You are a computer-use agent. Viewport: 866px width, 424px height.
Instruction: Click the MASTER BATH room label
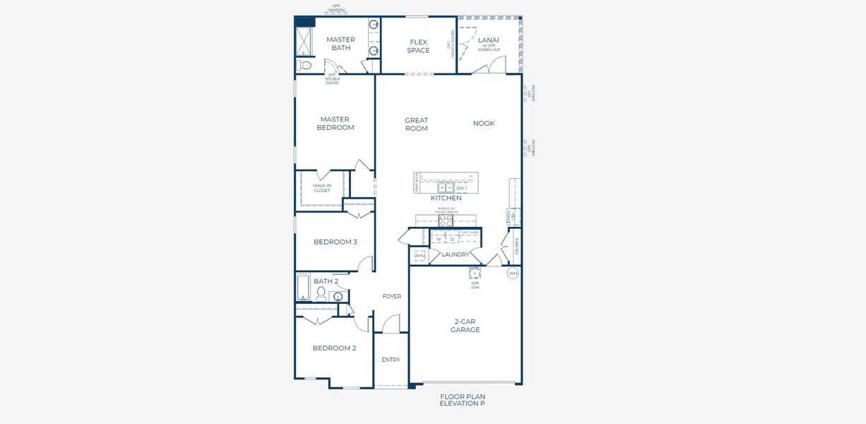[340, 44]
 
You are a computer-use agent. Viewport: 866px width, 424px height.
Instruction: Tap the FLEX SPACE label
[418, 46]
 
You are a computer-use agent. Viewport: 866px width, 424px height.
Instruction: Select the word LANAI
[488, 40]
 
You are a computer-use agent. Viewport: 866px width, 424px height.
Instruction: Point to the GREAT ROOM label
[416, 124]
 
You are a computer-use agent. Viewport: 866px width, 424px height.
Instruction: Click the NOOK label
[484, 124]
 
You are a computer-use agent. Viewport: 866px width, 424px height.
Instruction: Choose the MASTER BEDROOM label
[335, 124]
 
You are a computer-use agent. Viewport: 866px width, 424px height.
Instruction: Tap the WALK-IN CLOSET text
[321, 188]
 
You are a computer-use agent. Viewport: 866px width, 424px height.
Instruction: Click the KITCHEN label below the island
[446, 199]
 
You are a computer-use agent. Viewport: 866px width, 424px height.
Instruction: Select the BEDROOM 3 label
[335, 242]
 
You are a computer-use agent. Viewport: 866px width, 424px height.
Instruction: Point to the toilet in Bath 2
[321, 293]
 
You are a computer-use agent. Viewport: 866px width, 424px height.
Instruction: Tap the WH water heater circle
[513, 273]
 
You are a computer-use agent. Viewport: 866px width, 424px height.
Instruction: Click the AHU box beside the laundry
[419, 256]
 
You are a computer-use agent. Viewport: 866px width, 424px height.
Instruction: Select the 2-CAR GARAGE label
[465, 326]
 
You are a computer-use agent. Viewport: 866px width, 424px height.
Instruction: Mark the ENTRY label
[391, 360]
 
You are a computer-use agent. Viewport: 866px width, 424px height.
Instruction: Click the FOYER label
[391, 296]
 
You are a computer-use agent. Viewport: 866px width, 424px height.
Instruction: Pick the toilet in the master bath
[304, 65]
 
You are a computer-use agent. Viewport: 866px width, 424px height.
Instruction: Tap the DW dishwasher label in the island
[461, 188]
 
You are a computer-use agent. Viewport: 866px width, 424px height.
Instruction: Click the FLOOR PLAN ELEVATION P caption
[462, 400]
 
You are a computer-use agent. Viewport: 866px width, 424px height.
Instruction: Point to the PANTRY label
[516, 247]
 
